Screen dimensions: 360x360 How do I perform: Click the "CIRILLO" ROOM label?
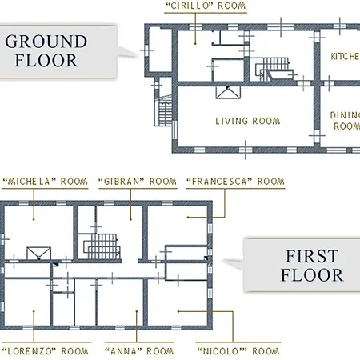pyautogui.click(x=206, y=6)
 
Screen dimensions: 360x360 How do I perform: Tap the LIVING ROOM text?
pyautogui.click(x=248, y=121)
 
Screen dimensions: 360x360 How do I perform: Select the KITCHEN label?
pyautogui.click(x=345, y=56)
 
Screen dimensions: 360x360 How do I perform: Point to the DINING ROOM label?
pyautogui.click(x=345, y=120)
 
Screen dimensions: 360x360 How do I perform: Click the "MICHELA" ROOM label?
pyautogui.click(x=45, y=182)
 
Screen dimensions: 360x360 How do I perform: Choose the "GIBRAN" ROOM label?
pyautogui.click(x=138, y=182)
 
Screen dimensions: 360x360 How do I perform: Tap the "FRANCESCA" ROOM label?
pyautogui.click(x=235, y=182)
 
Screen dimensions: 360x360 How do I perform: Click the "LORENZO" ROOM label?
pyautogui.click(x=45, y=351)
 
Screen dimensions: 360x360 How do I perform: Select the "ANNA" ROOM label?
pyautogui.click(x=139, y=351)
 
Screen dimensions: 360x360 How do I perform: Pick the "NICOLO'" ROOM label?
pyautogui.click(x=238, y=351)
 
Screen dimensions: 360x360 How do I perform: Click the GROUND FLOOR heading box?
pyautogui.click(x=58, y=51)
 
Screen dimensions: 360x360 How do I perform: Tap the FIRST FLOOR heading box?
pyautogui.click(x=302, y=265)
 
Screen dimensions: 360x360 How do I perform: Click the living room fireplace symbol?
pyautogui.click(x=228, y=92)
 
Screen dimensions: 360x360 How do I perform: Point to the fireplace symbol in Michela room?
pyautogui.click(x=39, y=254)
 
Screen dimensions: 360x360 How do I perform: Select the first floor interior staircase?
pyautogui.click(x=102, y=246)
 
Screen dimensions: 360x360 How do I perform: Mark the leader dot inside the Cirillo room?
pyautogui.click(x=195, y=43)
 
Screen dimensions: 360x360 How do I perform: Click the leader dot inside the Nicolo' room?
pyautogui.click(x=178, y=311)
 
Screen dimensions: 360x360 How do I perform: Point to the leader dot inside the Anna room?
pyautogui.click(x=137, y=311)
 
